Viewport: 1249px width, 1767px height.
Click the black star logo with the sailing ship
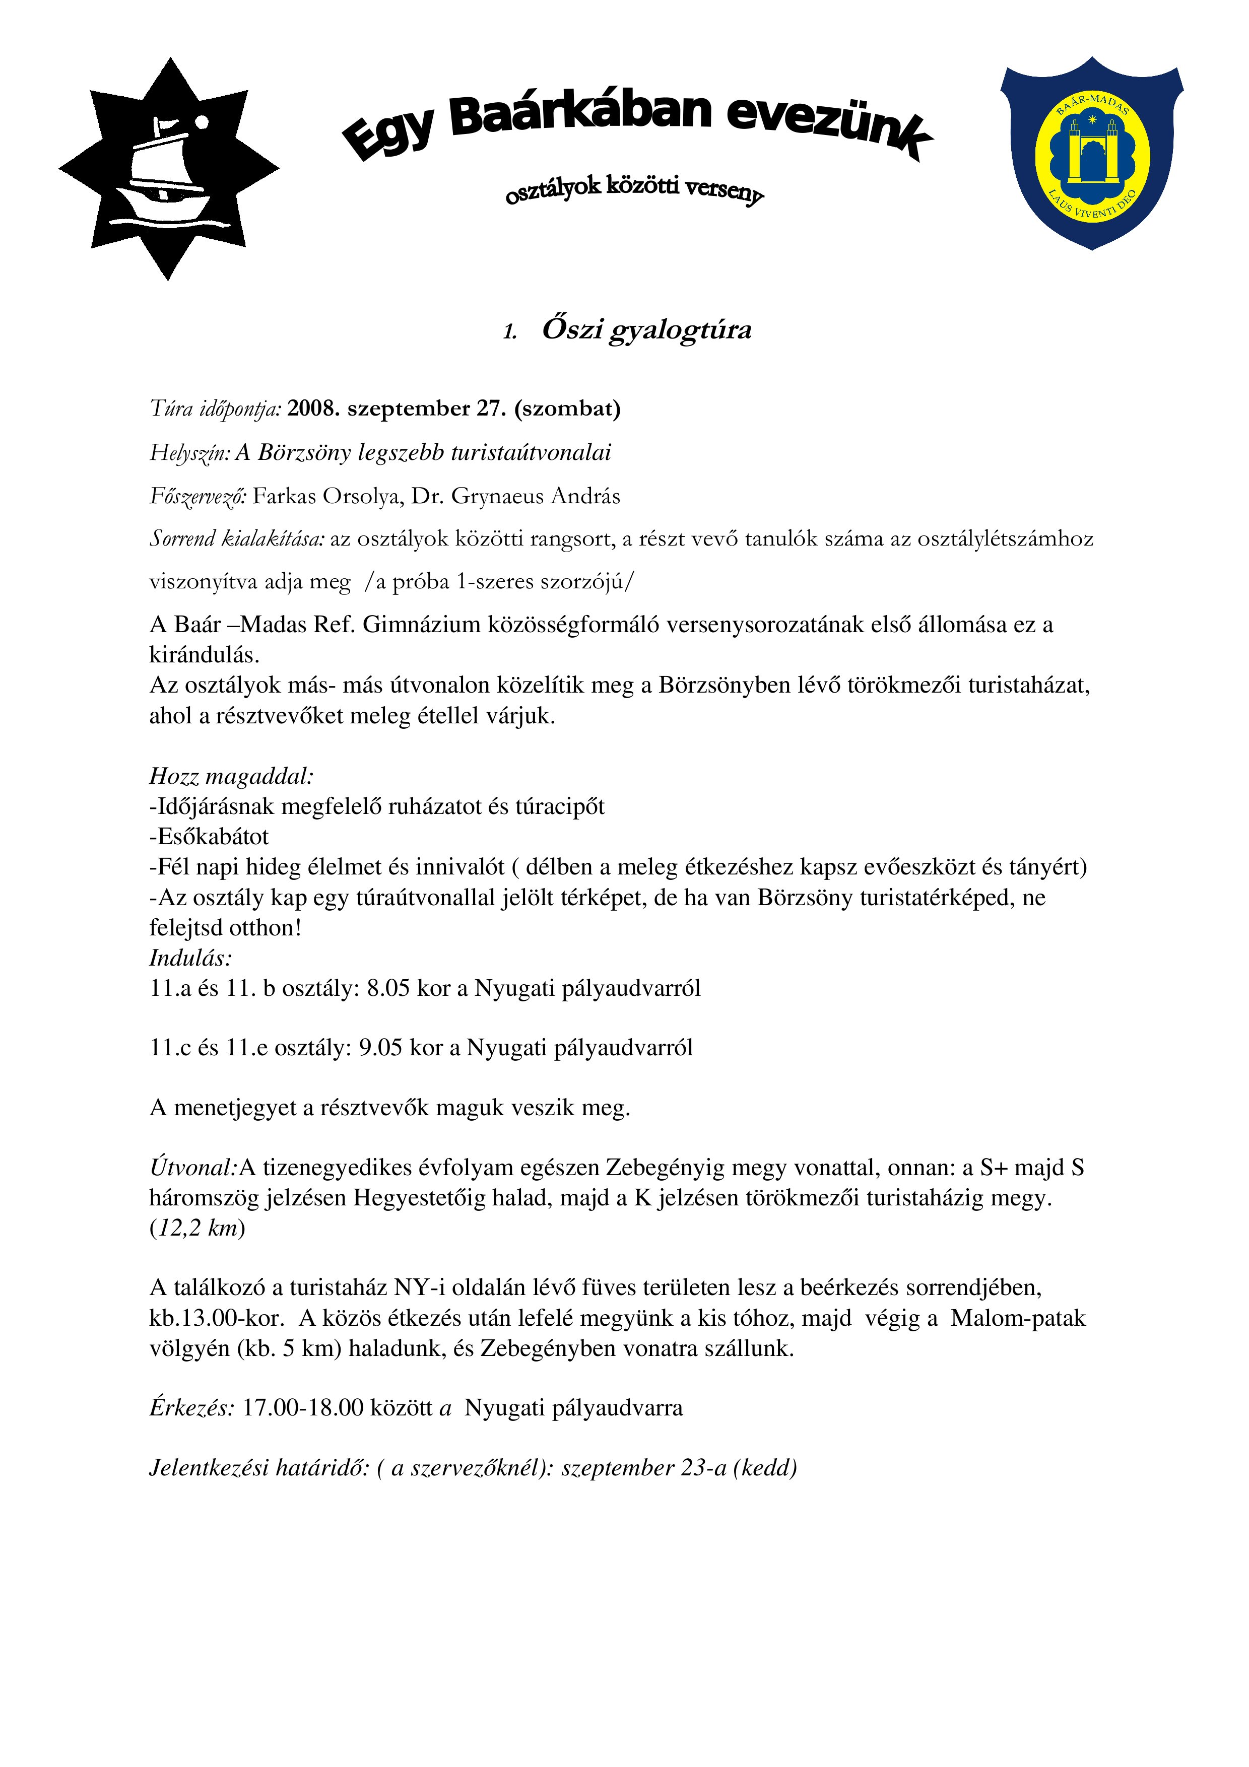click(169, 169)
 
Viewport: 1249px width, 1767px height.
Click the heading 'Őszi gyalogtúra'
click(646, 329)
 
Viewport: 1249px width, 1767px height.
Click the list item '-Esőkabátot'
click(209, 837)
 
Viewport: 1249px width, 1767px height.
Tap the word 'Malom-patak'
click(1017, 1318)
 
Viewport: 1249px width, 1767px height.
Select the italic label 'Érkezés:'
click(191, 1408)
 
